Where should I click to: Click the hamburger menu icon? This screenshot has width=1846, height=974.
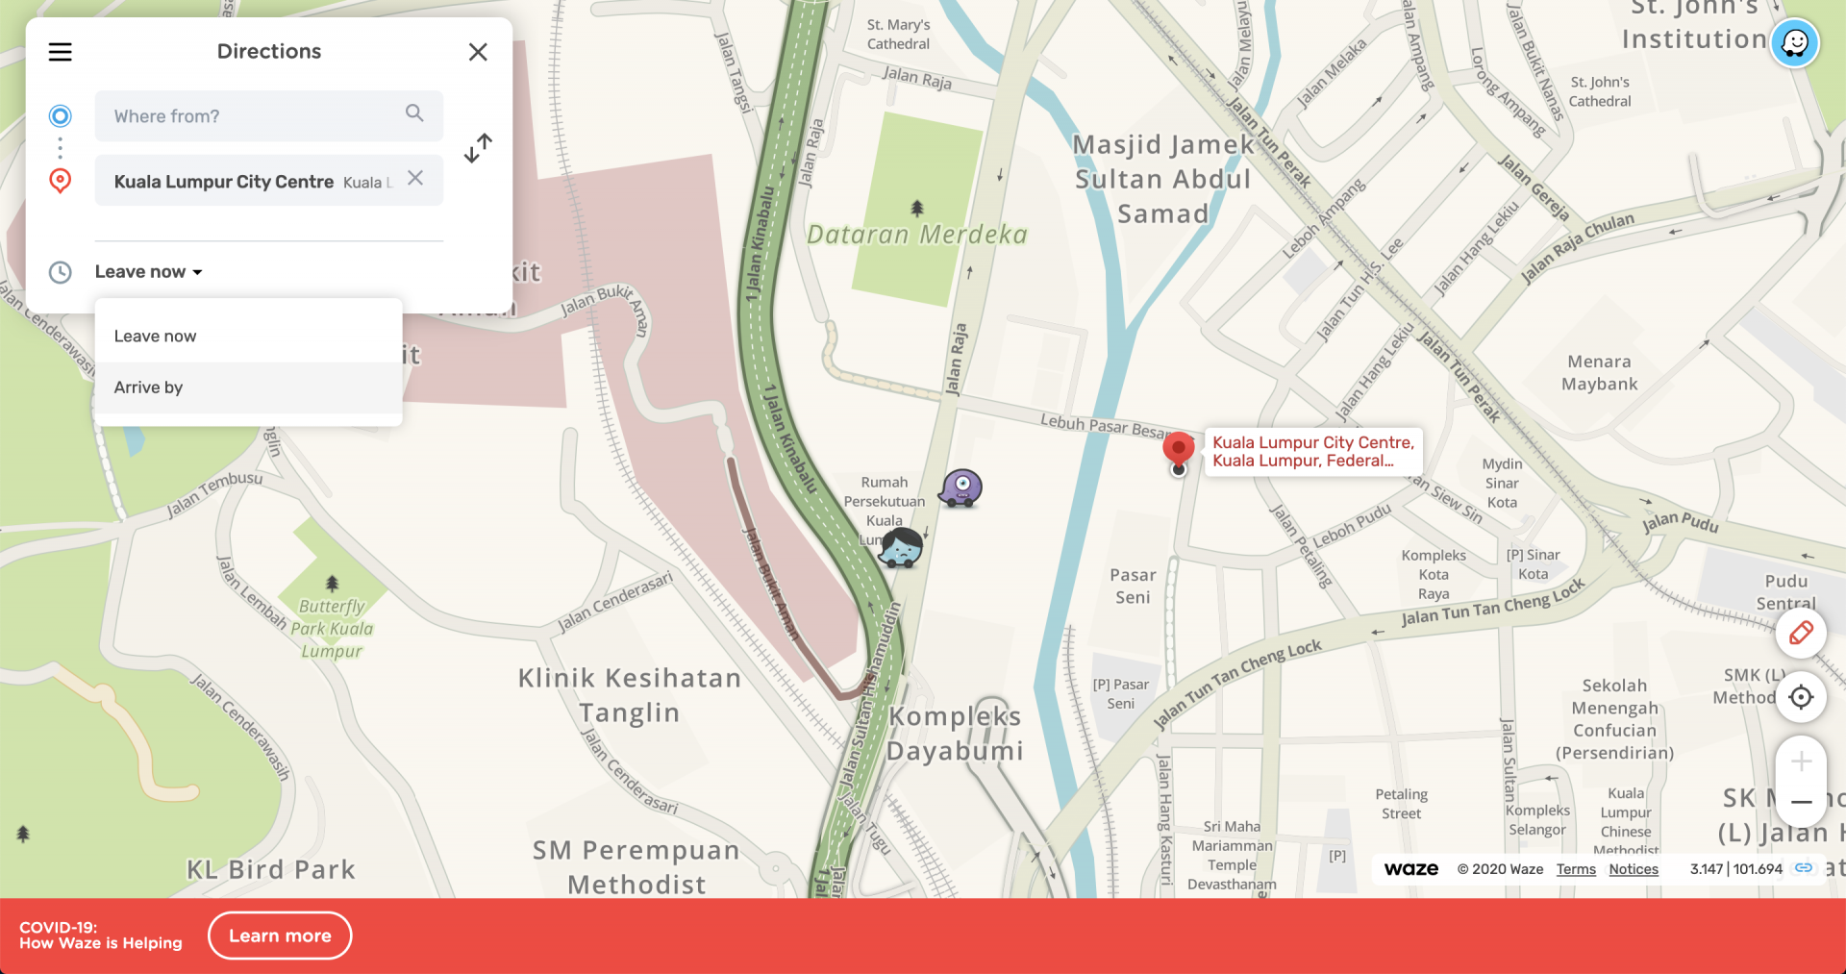coord(61,52)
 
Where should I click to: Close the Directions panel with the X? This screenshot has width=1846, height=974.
coord(478,52)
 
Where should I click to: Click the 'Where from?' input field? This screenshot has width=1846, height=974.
coord(255,116)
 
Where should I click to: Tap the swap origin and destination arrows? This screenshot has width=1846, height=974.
coord(478,148)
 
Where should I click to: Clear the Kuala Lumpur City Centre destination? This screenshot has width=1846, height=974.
coord(415,178)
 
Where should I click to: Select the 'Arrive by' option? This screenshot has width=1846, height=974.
coord(149,387)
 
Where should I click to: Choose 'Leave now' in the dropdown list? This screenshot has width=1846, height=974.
coord(156,337)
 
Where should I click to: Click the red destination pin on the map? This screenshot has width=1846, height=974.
coord(1178,449)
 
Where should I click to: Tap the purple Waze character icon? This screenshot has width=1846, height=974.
coord(960,487)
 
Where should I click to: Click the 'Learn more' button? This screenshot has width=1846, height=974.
coord(280,936)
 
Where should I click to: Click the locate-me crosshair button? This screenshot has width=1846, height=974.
coord(1801,697)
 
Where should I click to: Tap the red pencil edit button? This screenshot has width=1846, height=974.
coord(1801,633)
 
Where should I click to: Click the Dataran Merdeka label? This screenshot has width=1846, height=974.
coord(916,235)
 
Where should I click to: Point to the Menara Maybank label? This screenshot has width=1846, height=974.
coord(1599,373)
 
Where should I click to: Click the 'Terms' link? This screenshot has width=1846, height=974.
coord(1576,869)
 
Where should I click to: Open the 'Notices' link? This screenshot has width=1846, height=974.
coord(1634,869)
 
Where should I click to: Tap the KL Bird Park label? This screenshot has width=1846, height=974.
coord(271,870)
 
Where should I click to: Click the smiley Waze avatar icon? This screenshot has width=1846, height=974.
coord(1794,43)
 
